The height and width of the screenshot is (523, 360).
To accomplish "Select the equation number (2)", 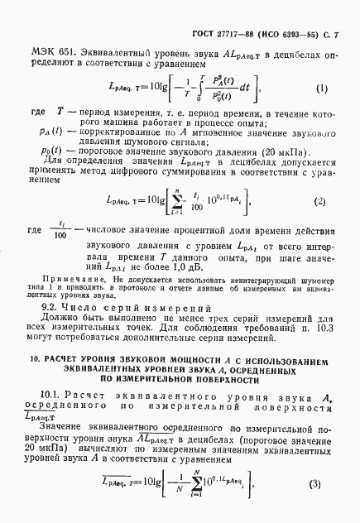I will point(319,224).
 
